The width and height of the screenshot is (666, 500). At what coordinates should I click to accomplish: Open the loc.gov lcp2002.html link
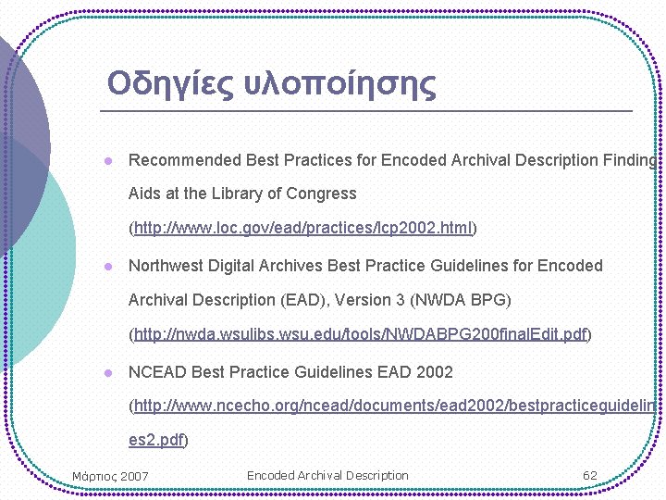pyautogui.click(x=303, y=228)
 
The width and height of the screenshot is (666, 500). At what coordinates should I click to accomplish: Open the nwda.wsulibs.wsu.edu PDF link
pyautogui.click(x=361, y=334)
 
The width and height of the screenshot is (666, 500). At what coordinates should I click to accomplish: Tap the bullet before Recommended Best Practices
pyautogui.click(x=108, y=160)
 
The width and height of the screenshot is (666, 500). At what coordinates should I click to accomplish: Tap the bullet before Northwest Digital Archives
pyautogui.click(x=108, y=266)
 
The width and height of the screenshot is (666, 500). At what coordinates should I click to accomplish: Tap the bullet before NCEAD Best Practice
pyautogui.click(x=108, y=372)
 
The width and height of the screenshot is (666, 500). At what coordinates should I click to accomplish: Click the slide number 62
pyautogui.click(x=589, y=476)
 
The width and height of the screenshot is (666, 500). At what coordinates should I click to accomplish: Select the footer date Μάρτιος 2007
pyautogui.click(x=110, y=477)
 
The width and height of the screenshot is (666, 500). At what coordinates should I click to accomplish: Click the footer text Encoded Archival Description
pyautogui.click(x=327, y=476)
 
